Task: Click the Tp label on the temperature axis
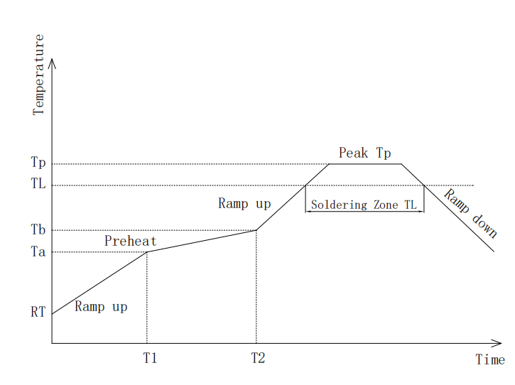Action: click(38, 163)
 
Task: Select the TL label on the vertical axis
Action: click(38, 183)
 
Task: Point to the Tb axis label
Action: click(38, 229)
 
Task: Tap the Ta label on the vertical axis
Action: click(38, 252)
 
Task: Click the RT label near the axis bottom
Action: click(38, 312)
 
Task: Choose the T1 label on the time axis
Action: click(150, 358)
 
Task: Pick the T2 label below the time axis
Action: click(258, 358)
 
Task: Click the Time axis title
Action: click(490, 359)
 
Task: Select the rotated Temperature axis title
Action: click(38, 75)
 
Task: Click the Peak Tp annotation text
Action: click(365, 153)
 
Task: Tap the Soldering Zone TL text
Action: click(364, 205)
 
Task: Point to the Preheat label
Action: click(131, 241)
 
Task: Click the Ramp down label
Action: click(470, 214)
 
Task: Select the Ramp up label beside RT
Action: click(101, 307)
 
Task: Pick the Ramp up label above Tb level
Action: click(244, 204)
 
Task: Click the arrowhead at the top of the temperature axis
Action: click(52, 63)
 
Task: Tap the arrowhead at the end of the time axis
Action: click(497, 343)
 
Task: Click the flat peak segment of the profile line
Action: click(365, 164)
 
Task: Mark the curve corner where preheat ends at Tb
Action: click(256, 230)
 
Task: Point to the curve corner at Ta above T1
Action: click(147, 252)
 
